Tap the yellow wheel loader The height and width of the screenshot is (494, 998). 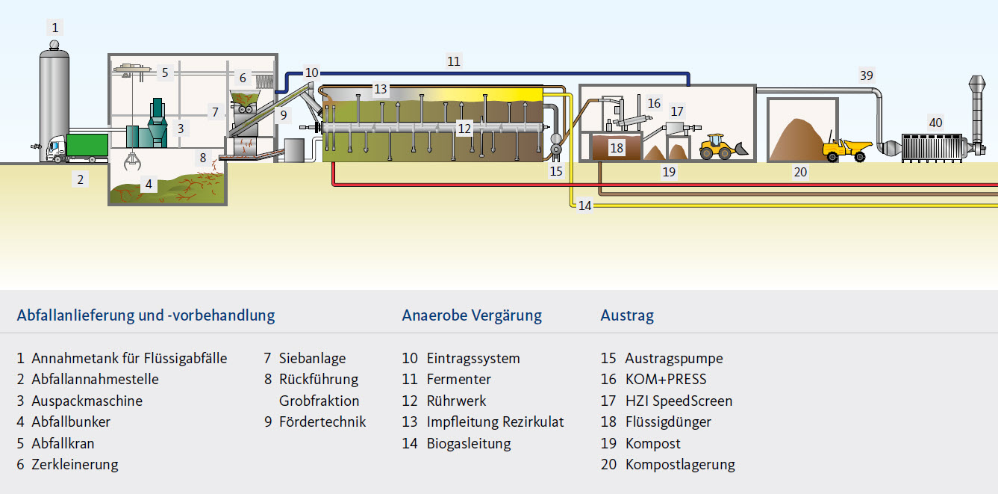point(721,147)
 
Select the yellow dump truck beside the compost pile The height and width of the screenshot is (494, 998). point(846,149)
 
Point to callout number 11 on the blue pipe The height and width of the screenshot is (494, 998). point(454,61)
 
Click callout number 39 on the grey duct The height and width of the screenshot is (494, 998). point(866,75)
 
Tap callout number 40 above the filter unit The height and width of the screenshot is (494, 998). point(935,122)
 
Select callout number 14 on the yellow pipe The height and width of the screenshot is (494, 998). point(584,206)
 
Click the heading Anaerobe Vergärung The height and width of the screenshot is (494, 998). point(472,315)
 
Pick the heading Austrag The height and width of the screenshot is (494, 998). point(627,315)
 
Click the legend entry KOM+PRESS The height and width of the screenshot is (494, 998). point(665,380)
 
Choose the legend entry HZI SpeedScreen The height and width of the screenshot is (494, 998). point(679,401)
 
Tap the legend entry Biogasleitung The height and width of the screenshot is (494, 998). point(469,444)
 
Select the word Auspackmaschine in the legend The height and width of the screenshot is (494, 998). point(87,401)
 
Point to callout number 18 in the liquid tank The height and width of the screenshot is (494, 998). point(617,148)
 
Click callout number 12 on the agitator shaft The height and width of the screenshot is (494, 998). point(464,129)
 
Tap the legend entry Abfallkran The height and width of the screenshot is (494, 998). point(63,444)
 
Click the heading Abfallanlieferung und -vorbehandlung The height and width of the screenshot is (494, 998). point(146,315)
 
